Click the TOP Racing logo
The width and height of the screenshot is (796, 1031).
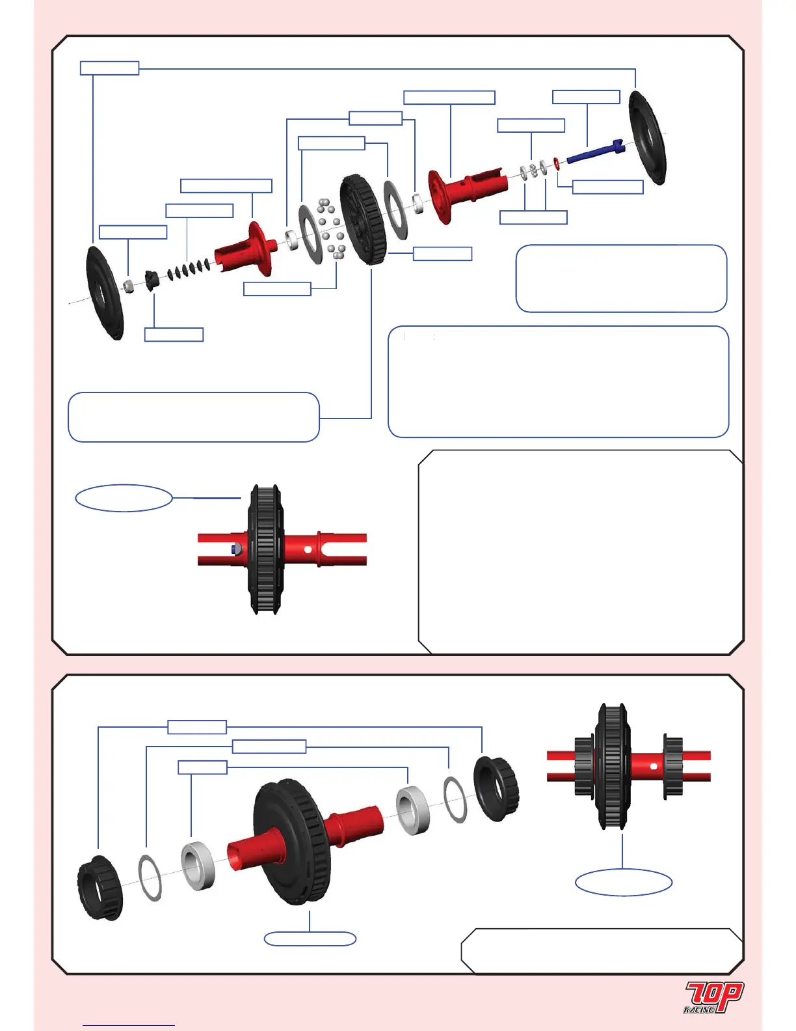click(x=713, y=997)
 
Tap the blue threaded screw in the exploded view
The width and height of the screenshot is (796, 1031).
click(x=593, y=153)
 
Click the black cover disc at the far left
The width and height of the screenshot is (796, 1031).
click(x=103, y=293)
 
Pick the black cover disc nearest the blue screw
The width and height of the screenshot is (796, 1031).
click(x=646, y=138)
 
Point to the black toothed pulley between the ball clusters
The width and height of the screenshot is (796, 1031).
click(x=362, y=219)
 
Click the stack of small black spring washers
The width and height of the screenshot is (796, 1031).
click(x=187, y=268)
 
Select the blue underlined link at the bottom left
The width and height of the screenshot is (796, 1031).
click(x=129, y=1025)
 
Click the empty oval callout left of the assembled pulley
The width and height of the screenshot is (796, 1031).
click(x=124, y=498)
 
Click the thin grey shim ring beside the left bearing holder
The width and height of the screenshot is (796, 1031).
click(x=150, y=877)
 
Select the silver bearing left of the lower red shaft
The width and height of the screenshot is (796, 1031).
click(x=198, y=866)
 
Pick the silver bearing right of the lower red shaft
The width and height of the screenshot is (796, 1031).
click(x=413, y=809)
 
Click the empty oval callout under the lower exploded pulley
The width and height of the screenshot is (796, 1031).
click(x=310, y=939)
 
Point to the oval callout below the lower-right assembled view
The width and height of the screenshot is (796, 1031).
click(x=623, y=882)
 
